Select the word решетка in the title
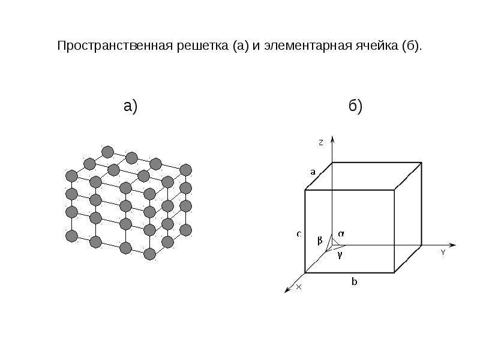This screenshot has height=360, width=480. point(203,47)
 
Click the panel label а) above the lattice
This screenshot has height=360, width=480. point(131,107)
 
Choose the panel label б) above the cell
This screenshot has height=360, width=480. point(355,106)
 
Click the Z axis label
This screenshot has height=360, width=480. point(321,142)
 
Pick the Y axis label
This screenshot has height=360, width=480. point(443,253)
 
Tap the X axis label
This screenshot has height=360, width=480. point(299,287)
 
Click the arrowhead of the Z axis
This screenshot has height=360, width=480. point(332,139)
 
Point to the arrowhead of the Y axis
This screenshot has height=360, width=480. point(452,245)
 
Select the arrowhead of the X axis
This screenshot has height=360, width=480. point(287,290)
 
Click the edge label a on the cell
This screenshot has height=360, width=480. point(313,172)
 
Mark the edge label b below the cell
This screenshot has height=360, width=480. point(354,281)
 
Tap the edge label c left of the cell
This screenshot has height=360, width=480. point(299,234)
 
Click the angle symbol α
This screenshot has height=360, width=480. point(341,234)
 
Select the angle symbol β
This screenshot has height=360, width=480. point(320,241)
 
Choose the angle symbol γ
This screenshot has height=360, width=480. point(340,254)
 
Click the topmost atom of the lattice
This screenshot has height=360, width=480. point(107,152)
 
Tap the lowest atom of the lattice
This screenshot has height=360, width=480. point(149,254)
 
